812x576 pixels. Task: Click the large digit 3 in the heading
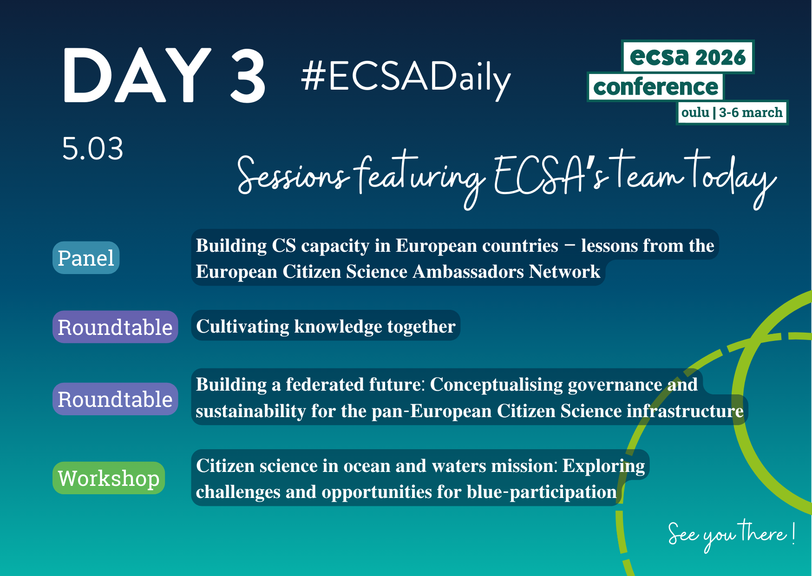point(249,75)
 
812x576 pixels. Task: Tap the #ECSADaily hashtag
point(406,78)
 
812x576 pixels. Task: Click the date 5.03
point(93,149)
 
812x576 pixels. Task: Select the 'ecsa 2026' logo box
point(688,57)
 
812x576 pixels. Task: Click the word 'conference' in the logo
point(655,87)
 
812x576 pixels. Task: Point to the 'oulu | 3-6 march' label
point(732,112)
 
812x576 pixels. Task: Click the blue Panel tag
point(86,258)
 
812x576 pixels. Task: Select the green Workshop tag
point(109,478)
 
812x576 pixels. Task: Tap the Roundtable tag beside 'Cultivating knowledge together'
point(115,327)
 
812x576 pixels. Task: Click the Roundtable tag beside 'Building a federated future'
point(115,399)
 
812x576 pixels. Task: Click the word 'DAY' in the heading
point(137,75)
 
